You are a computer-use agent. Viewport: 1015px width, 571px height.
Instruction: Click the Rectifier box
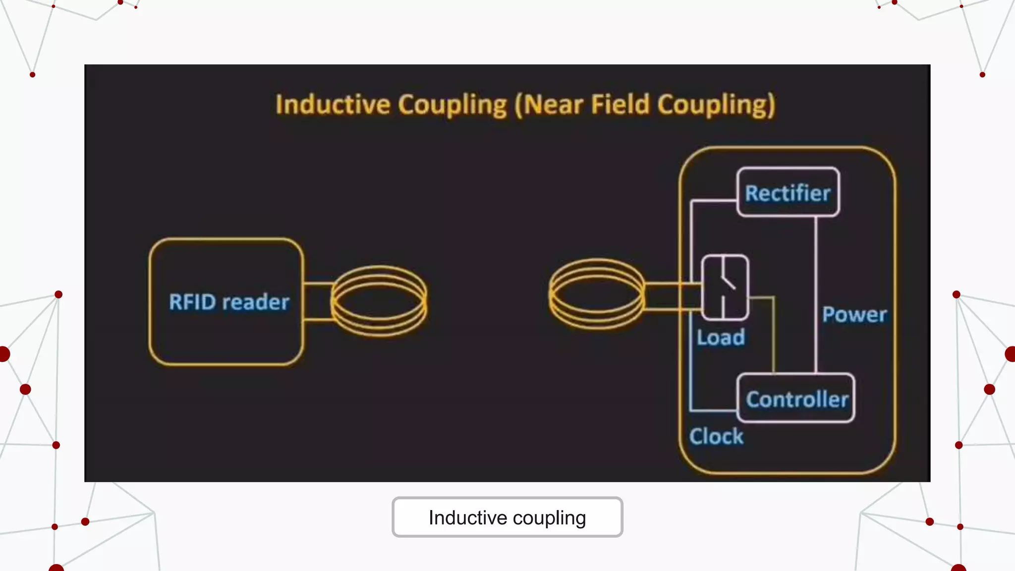pos(788,192)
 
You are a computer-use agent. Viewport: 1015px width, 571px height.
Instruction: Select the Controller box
pos(796,399)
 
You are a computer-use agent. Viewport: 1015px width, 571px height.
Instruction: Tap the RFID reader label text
pos(229,302)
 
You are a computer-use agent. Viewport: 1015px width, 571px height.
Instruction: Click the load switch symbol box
pos(725,287)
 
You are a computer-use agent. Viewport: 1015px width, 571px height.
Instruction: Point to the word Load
pos(721,338)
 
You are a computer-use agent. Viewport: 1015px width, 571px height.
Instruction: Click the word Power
pos(854,315)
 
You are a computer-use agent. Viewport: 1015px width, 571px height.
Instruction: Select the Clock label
pos(716,437)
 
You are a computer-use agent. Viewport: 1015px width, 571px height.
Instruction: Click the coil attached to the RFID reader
pos(379,301)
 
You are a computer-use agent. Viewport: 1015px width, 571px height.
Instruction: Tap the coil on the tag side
pos(597,294)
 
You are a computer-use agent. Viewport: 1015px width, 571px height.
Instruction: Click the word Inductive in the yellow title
pos(333,105)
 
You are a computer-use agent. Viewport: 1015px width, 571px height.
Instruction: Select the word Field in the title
pos(620,105)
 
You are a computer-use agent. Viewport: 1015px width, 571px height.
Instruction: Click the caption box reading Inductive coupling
pos(507,517)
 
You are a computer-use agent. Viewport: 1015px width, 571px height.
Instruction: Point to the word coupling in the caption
pos(549,518)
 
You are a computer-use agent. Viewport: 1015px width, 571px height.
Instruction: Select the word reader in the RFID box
pos(256,302)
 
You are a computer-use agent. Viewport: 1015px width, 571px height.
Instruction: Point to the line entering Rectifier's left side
pos(714,200)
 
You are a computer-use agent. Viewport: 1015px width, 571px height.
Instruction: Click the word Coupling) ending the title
pos(716,105)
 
